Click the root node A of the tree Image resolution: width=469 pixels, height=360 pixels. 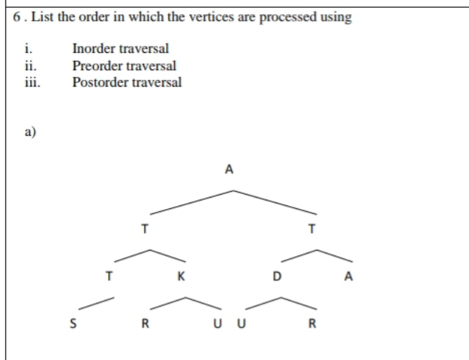(x=229, y=170)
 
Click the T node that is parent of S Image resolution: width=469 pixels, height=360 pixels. (x=108, y=278)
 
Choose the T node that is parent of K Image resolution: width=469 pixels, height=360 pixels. (x=145, y=230)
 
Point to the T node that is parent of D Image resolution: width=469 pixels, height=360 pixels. (x=311, y=230)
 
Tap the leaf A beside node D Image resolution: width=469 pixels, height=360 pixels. (x=348, y=278)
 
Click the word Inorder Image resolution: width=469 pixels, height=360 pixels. (x=95, y=49)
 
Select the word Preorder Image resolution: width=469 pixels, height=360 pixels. (x=97, y=65)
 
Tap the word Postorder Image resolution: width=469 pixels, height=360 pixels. (x=100, y=82)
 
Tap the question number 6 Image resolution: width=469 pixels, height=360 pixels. (x=17, y=17)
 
